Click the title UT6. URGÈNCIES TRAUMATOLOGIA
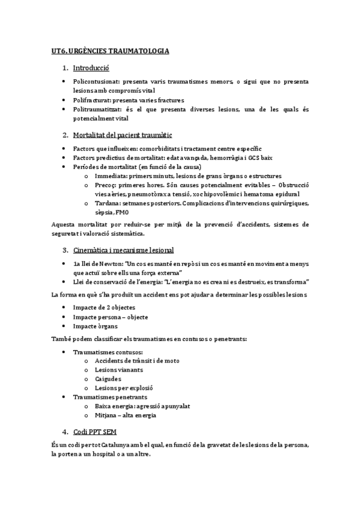pyautogui.click(x=110, y=52)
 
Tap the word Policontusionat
pyautogui.click(x=96, y=81)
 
